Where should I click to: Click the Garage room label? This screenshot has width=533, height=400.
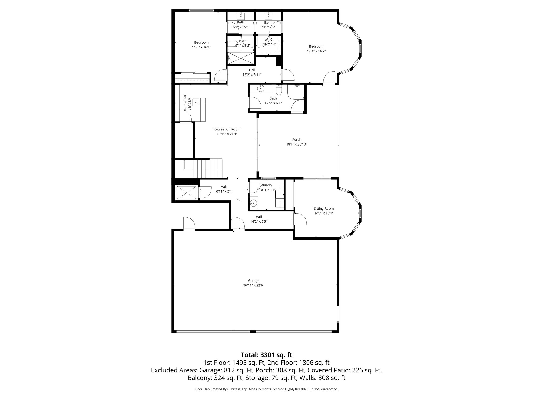[253, 281]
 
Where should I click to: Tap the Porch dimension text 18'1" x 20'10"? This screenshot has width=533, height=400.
[296, 144]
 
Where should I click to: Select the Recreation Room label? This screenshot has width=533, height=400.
[227, 129]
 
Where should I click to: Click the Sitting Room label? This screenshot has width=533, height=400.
[323, 209]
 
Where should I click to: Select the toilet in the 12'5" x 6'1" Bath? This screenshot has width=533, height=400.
[278, 90]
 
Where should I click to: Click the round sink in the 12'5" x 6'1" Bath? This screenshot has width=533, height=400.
[261, 89]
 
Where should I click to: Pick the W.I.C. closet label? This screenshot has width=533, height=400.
[269, 40]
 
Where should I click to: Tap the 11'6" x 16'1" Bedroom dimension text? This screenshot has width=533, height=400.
[201, 47]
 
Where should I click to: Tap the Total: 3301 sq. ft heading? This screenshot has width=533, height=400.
[266, 355]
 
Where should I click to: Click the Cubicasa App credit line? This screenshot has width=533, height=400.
[266, 389]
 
